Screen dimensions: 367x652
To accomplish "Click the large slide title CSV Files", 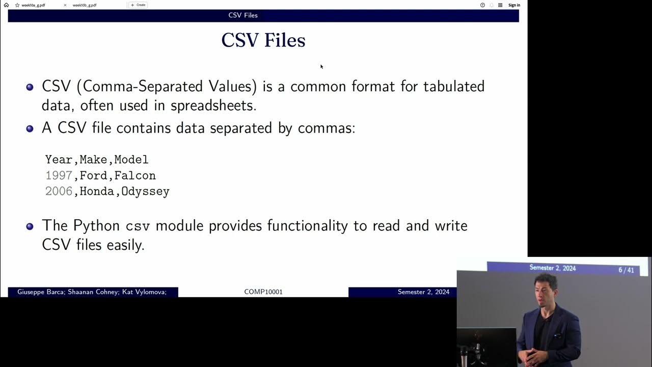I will pyautogui.click(x=263, y=40).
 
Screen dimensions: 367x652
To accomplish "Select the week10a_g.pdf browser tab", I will pyautogui.click(x=33, y=5).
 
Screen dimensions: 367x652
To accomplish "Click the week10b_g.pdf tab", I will pyautogui.click(x=85, y=5).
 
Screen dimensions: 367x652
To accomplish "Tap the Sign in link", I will pyautogui.click(x=514, y=5).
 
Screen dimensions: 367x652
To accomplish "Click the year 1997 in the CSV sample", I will pyautogui.click(x=59, y=175).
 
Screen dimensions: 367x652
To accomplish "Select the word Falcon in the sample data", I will pyautogui.click(x=135, y=175).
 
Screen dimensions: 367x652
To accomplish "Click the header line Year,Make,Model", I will pyautogui.click(x=97, y=160).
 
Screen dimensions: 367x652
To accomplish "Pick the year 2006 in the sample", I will pyautogui.click(x=59, y=192).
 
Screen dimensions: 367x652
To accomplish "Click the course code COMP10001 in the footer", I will pyautogui.click(x=263, y=292).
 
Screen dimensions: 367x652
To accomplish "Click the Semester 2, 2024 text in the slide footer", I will pyautogui.click(x=423, y=292).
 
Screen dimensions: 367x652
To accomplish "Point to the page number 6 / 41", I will pyautogui.click(x=626, y=270).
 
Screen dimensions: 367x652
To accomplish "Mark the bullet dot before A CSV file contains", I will pyautogui.click(x=30, y=128).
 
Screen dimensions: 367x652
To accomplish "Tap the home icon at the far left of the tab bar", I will pyautogui.click(x=6, y=5).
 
